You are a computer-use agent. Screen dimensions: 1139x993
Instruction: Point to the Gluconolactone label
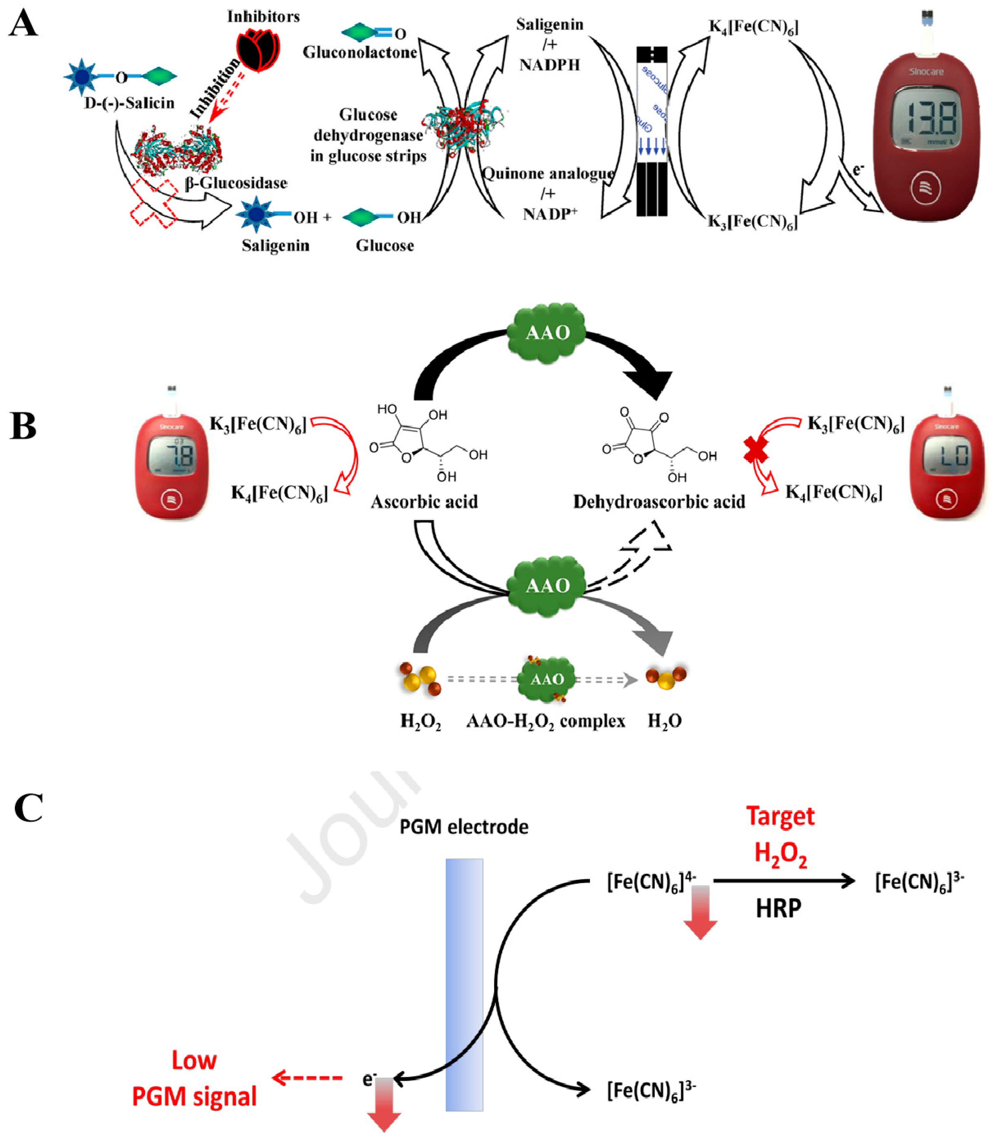(360, 53)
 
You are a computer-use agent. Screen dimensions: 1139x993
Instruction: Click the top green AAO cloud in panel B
(547, 332)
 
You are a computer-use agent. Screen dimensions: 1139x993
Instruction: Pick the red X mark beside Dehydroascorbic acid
(756, 450)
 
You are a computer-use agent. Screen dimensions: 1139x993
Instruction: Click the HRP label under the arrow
(778, 909)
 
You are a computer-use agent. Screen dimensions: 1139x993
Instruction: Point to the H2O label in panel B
(664, 721)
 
